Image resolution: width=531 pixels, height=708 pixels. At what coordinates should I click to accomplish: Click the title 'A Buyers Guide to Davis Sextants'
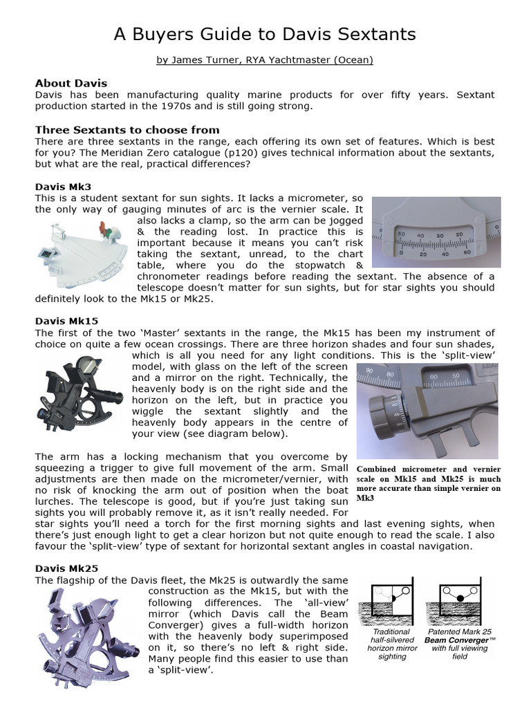[265, 34]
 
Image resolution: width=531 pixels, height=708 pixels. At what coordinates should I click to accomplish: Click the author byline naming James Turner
[265, 60]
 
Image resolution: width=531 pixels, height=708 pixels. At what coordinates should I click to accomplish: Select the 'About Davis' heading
[71, 83]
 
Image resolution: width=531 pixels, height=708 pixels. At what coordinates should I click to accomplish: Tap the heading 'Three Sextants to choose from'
[127, 129]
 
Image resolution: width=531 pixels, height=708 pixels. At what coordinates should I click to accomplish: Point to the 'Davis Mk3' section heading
[63, 186]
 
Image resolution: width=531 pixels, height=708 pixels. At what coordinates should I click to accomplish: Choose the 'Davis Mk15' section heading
[66, 321]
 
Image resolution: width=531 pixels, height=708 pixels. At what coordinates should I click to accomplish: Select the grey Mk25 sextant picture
[87, 633]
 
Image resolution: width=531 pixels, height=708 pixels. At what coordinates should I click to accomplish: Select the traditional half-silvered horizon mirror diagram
[391, 602]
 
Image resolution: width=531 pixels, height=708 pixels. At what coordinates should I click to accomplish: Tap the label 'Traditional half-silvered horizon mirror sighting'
[391, 644]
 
